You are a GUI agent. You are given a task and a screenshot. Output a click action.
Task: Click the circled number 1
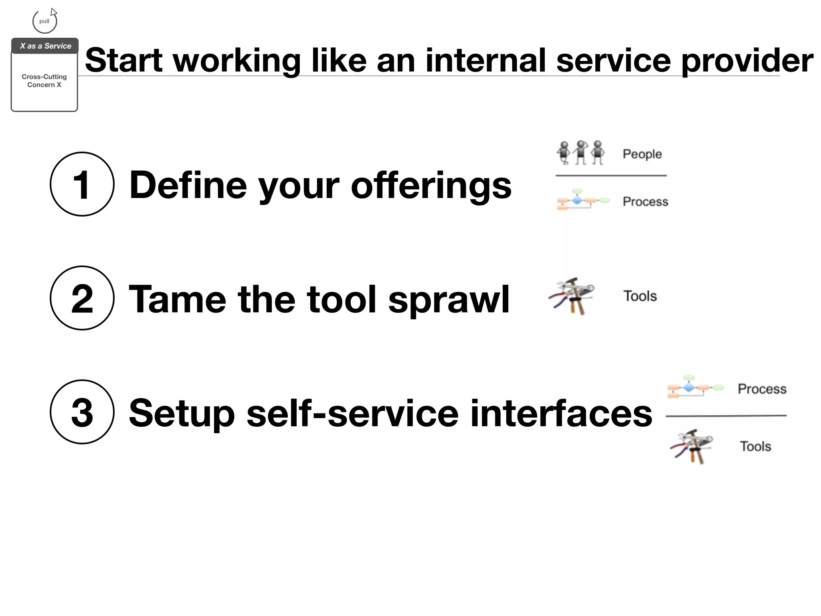click(x=82, y=184)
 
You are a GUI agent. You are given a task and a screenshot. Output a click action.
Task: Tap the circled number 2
click(x=82, y=298)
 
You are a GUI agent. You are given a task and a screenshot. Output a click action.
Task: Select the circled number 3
click(x=82, y=412)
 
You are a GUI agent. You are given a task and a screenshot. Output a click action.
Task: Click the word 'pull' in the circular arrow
click(x=44, y=21)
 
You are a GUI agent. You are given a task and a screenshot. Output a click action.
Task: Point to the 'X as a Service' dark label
click(x=45, y=46)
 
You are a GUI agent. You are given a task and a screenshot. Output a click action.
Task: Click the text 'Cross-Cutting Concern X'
click(x=44, y=81)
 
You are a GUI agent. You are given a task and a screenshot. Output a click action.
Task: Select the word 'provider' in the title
click(x=747, y=61)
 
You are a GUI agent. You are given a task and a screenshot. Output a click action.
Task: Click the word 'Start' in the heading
click(x=124, y=61)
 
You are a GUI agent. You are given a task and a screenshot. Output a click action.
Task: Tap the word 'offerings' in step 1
click(x=431, y=185)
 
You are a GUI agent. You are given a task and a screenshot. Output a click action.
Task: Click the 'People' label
click(x=642, y=154)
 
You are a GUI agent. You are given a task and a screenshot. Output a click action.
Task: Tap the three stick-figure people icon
click(x=580, y=152)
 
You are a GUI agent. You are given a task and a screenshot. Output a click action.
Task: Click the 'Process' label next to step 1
click(x=645, y=201)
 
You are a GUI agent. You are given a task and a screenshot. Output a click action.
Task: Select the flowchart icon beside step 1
click(x=582, y=200)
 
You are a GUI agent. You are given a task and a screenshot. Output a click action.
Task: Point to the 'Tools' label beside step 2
click(x=640, y=296)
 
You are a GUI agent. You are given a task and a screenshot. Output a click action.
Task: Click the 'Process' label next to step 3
click(x=762, y=389)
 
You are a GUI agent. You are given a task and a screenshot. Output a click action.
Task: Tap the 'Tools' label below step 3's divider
click(x=755, y=446)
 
